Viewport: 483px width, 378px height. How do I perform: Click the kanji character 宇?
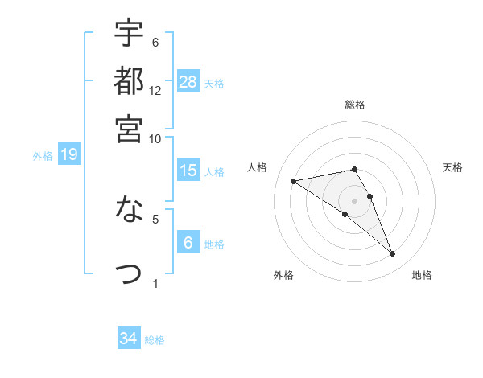click(x=129, y=34)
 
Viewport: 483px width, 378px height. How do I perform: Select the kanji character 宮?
click(x=129, y=128)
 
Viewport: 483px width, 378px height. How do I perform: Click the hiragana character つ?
click(x=129, y=273)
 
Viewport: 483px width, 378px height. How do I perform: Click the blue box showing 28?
click(x=188, y=81)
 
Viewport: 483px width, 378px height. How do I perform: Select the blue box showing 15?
click(x=188, y=171)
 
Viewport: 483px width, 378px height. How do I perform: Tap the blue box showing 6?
click(x=188, y=243)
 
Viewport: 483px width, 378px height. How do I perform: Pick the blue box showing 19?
click(x=68, y=155)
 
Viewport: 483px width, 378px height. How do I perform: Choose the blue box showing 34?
click(x=128, y=339)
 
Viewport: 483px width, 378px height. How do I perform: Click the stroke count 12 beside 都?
click(x=155, y=90)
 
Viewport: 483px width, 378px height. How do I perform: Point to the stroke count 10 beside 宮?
click(x=155, y=138)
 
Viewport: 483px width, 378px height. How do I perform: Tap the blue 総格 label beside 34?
click(x=155, y=339)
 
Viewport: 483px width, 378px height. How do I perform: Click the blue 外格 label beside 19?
click(x=43, y=156)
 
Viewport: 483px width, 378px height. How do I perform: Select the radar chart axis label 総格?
click(x=354, y=105)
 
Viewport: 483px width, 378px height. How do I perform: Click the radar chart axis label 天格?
click(x=452, y=167)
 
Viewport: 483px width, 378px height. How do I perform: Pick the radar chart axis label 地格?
click(x=422, y=275)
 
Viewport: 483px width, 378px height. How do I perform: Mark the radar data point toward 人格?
click(x=294, y=181)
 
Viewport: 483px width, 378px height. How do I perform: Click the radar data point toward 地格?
click(x=392, y=254)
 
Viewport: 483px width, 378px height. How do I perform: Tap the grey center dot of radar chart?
click(x=354, y=200)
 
